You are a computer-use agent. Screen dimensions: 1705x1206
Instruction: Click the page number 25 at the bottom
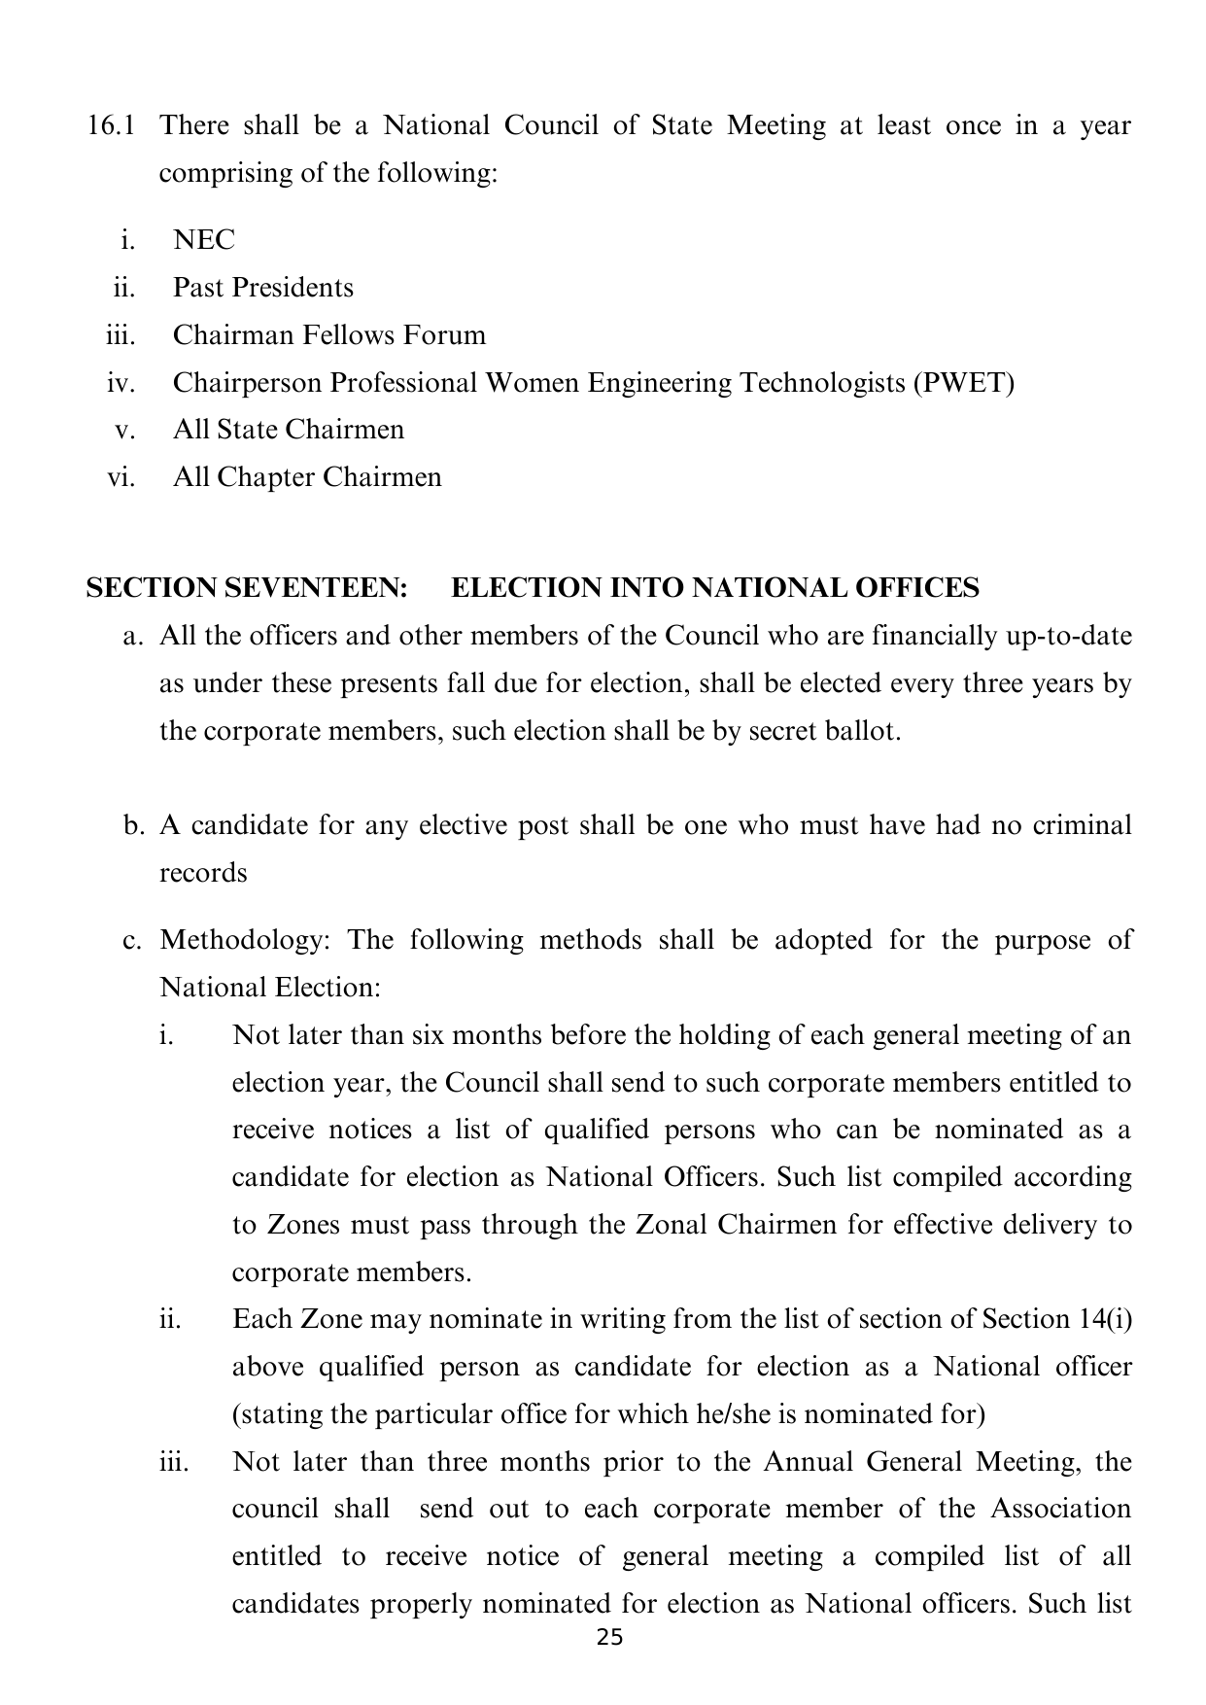tap(609, 1638)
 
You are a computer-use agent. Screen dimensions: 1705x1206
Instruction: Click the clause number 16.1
tap(110, 125)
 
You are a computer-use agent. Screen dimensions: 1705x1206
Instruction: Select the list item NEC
tap(204, 240)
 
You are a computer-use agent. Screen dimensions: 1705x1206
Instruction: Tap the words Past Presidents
tap(262, 288)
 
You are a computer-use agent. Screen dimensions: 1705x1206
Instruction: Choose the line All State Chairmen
tap(288, 430)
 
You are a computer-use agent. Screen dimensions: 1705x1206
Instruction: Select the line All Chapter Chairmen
tap(307, 477)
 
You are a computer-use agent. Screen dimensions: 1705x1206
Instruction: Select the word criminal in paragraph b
tap(1082, 826)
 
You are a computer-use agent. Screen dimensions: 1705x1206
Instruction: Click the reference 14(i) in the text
tap(1105, 1320)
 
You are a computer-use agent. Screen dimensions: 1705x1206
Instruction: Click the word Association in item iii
tap(1061, 1510)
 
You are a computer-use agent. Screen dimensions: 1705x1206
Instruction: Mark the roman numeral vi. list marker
tap(121, 477)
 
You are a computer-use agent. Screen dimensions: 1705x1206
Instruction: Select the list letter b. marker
tap(134, 826)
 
